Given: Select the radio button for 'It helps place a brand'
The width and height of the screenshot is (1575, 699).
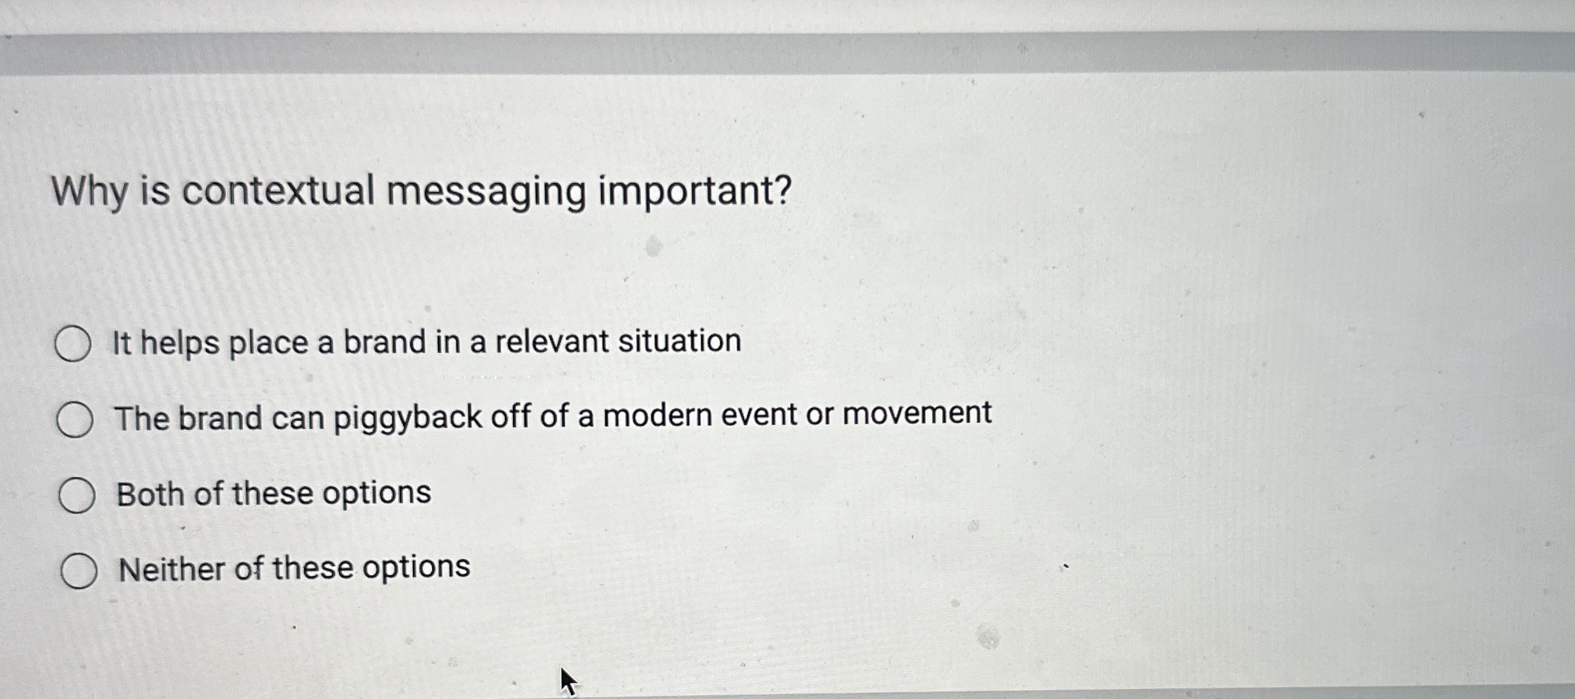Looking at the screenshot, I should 72,344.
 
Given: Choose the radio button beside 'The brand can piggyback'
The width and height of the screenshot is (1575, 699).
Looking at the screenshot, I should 75,420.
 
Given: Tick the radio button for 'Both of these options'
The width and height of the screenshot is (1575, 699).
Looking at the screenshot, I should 77,495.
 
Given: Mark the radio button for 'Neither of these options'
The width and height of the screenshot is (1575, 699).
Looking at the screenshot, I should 79,570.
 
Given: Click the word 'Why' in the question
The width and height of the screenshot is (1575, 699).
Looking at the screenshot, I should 89,192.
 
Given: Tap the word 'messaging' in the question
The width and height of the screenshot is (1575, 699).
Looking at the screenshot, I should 486,192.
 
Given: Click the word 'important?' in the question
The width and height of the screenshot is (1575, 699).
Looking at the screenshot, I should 695,191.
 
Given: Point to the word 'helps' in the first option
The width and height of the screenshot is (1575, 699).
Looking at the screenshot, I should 180,343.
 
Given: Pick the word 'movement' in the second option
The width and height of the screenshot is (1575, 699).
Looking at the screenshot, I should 917,412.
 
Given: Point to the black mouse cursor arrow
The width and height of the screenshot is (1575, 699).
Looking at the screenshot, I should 568,680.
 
